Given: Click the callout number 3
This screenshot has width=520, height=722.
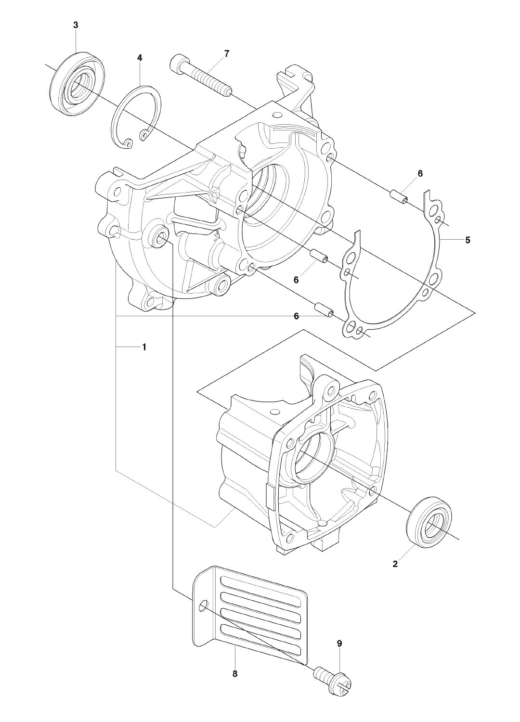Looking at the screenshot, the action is point(76,26).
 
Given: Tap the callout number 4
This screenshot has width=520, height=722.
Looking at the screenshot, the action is point(139,58).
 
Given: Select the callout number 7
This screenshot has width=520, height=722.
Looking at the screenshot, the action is point(227,54).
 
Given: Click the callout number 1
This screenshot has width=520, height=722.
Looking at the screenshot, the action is point(144,347).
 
